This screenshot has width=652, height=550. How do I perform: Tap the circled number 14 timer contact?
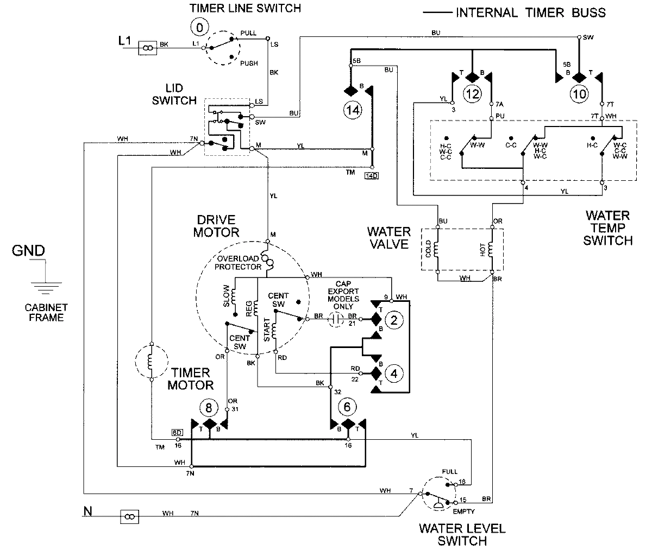pos(352,110)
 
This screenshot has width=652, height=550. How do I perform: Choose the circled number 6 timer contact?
pos(348,406)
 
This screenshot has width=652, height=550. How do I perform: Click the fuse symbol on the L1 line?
pos(147,48)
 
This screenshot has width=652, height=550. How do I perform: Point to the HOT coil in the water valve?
pos(492,250)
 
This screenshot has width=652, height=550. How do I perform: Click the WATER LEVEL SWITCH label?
pos(455,534)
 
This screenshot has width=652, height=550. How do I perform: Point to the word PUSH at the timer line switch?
pos(249,64)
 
